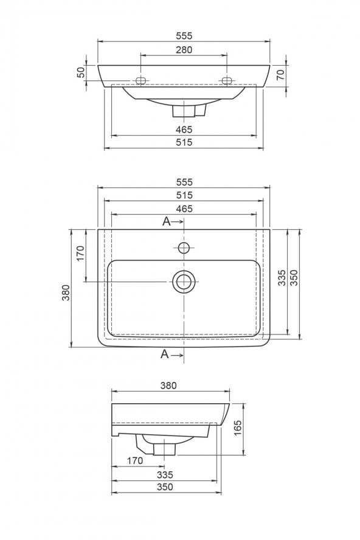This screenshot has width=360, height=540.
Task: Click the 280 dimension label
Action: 184,49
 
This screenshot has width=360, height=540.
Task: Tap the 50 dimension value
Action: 81,72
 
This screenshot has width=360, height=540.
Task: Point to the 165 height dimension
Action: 238,428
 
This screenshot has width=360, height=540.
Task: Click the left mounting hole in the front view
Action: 141,81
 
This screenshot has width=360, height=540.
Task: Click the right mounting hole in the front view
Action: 227,81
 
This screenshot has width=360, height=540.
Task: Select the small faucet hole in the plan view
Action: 184,247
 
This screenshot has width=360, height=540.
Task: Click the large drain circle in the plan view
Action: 184,281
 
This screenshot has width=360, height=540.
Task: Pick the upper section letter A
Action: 166,222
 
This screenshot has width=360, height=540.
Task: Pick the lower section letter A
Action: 164,354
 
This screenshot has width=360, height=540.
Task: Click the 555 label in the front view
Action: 184,36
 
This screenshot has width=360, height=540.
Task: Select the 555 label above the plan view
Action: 184,182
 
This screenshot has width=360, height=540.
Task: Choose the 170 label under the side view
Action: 134,460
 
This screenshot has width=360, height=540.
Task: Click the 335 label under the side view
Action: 164,474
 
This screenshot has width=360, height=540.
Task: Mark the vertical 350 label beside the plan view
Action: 294,278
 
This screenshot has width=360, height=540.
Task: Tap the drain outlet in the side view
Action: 164,449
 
